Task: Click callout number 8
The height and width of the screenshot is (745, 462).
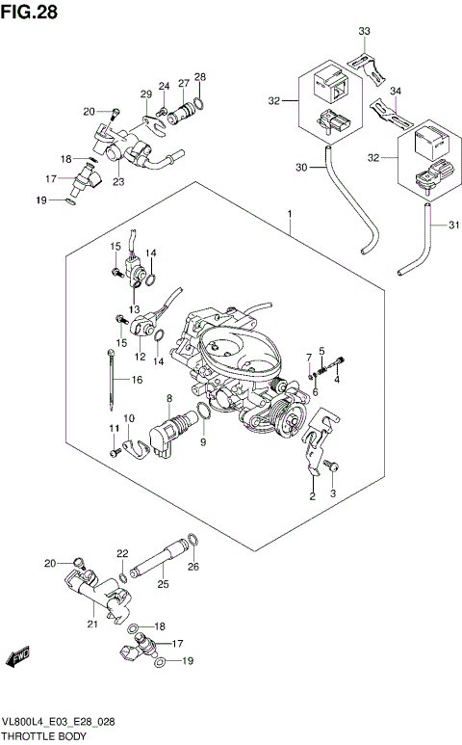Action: [x=168, y=398]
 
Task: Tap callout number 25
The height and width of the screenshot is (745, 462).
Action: [x=163, y=584]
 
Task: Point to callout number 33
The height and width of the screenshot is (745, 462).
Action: [x=364, y=32]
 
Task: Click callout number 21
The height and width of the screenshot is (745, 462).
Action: [x=93, y=624]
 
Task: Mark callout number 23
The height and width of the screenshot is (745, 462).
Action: [x=118, y=179]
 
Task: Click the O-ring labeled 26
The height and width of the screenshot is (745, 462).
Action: [x=191, y=542]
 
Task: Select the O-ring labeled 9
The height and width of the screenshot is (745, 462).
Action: [x=203, y=415]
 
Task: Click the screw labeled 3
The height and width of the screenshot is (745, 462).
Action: [x=332, y=466]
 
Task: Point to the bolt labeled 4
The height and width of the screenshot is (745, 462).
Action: [x=337, y=364]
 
